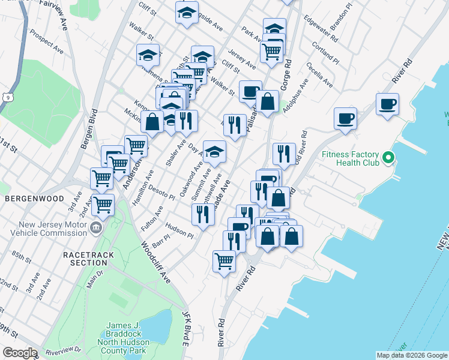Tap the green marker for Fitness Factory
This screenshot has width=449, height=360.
point(388,159)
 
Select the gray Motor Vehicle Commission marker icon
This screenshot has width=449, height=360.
point(95,228)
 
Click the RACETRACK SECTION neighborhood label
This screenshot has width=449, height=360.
point(85,259)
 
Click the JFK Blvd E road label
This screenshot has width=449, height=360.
point(185,329)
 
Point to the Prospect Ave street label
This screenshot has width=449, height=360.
point(46,40)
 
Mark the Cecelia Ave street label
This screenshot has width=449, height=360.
point(319,74)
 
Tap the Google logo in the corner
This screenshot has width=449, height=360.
point(19,353)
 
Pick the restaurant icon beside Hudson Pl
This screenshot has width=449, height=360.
point(203,215)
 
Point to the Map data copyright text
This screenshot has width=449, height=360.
point(411,355)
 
